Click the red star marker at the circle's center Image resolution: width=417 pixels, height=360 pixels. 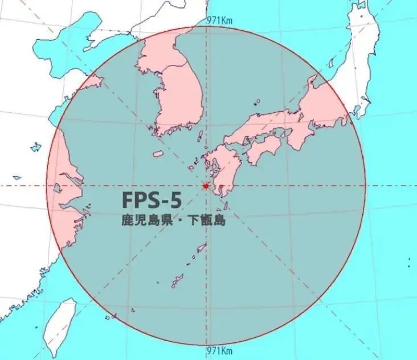[206, 186]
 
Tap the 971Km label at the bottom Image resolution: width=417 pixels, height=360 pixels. [219, 349]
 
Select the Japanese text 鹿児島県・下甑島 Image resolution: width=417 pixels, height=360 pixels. [174, 220]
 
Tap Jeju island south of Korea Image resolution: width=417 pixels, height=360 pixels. [159, 154]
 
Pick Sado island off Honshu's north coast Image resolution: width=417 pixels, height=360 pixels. [312, 84]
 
